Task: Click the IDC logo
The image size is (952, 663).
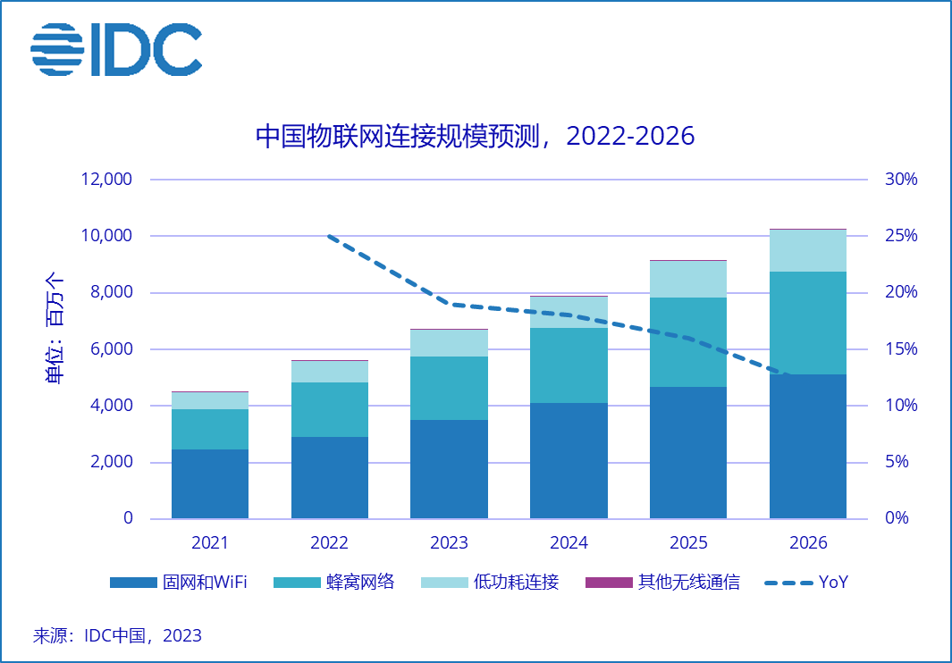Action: tap(116, 48)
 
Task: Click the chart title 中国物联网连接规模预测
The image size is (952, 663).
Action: tap(475, 136)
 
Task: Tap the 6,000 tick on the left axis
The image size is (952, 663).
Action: tap(109, 349)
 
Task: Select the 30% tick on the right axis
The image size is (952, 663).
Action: tap(901, 180)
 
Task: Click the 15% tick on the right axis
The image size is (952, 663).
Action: tap(901, 349)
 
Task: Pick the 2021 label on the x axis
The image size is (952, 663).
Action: tap(210, 542)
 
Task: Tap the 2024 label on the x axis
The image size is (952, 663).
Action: tap(569, 542)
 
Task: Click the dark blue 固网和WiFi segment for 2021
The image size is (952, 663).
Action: tap(210, 483)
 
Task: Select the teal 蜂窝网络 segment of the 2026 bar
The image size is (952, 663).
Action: tap(807, 323)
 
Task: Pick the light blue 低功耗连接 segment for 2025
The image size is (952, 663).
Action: tap(688, 279)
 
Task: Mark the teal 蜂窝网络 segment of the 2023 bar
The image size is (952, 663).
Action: tap(449, 388)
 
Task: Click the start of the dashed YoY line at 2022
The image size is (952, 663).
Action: tap(330, 236)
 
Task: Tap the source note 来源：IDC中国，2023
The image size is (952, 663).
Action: tap(117, 636)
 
